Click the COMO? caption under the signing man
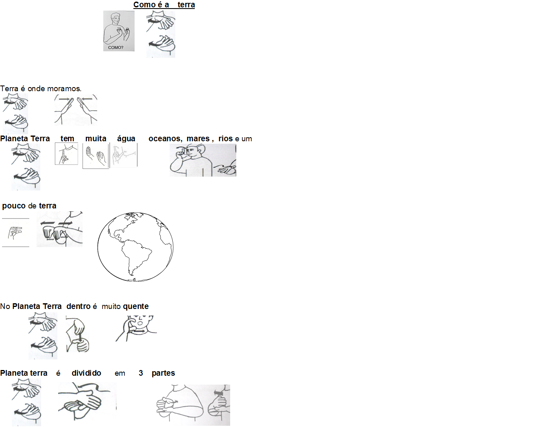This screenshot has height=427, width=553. [x=115, y=47]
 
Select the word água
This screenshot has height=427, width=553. [x=126, y=139]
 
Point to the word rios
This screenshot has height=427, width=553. [x=226, y=138]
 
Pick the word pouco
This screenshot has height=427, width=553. [x=14, y=206]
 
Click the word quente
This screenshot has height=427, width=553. [x=136, y=307]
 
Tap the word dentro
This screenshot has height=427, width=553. [x=78, y=306]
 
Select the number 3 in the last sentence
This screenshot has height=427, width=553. [x=141, y=373]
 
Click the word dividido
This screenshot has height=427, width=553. [x=86, y=373]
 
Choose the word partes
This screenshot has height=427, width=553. [x=163, y=373]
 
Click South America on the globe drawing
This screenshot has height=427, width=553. [x=135, y=257]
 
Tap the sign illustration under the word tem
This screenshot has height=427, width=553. [x=66, y=154]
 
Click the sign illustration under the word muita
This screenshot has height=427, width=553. [x=96, y=155]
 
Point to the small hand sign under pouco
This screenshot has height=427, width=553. [x=15, y=232]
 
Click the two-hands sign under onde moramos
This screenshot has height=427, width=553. [x=76, y=110]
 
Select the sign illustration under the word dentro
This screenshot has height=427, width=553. [x=78, y=334]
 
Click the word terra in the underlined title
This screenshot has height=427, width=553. [x=186, y=4]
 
